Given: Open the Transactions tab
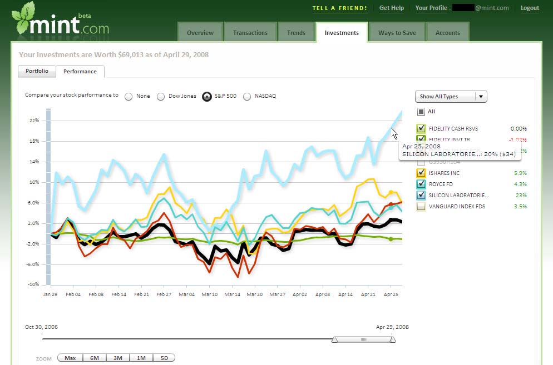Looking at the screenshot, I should (x=250, y=33).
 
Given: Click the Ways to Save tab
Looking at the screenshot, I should (x=397, y=33).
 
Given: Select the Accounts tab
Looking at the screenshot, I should (x=447, y=33).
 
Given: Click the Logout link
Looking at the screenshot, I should (x=530, y=8).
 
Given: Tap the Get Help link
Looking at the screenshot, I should (x=391, y=8).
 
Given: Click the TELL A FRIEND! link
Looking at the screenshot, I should (x=339, y=8).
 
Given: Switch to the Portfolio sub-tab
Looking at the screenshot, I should (x=37, y=71).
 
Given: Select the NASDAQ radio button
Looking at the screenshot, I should (x=248, y=96).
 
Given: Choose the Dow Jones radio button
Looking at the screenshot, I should (x=161, y=96).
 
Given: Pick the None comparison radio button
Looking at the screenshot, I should (x=129, y=96).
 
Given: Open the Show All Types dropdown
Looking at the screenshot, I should (x=451, y=97).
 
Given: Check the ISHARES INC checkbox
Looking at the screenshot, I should (x=421, y=173).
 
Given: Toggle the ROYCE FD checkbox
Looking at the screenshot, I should (x=421, y=184).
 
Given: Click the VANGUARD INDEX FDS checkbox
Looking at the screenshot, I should (x=421, y=206).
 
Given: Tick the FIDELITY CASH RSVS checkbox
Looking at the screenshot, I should (x=421, y=128).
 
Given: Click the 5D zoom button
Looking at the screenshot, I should (x=164, y=358).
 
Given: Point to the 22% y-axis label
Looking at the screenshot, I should (x=33, y=121).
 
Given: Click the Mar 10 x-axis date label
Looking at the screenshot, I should (x=210, y=294).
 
